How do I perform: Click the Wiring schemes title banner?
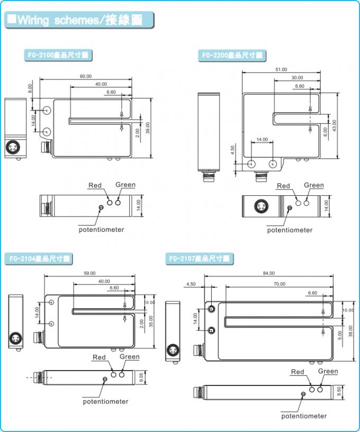79,20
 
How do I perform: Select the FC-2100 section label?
58,55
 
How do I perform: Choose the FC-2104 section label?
40,259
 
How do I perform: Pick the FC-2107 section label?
199,259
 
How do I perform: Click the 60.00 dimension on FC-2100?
86,76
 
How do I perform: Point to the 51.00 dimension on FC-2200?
281,69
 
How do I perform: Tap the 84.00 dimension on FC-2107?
268,273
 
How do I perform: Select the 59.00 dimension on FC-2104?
89,273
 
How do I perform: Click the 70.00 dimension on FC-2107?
279,284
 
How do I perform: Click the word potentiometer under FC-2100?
102,229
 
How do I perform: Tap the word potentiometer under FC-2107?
304,416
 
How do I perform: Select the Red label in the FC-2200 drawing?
284,186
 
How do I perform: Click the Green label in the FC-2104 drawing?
130,357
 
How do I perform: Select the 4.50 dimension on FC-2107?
191,284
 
